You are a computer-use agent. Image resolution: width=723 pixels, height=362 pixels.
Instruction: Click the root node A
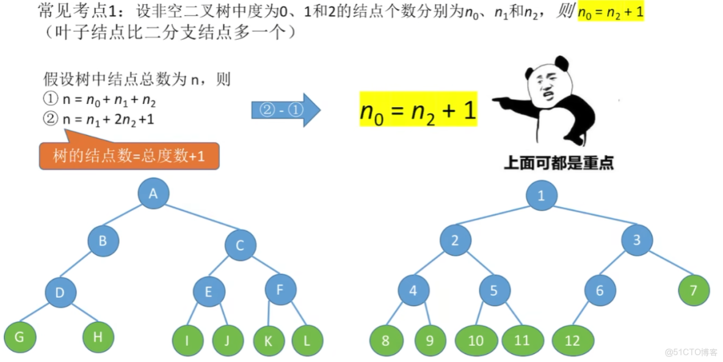153,193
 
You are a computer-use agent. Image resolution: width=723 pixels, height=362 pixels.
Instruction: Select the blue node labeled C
240,245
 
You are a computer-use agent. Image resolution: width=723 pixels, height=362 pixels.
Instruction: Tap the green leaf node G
20,337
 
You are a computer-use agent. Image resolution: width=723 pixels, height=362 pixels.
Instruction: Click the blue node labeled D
60,292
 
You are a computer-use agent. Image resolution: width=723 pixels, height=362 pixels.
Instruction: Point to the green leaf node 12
572,341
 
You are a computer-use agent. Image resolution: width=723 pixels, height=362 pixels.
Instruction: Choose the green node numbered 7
693,290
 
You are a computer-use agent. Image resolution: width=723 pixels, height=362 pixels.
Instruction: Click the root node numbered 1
541,196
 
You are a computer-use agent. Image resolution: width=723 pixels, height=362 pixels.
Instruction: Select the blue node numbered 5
495,291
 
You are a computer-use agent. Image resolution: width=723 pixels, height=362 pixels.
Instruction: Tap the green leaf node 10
476,341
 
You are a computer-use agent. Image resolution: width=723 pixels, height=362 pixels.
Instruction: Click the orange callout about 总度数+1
128,156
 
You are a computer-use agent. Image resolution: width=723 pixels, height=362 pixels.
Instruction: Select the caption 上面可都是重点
558,163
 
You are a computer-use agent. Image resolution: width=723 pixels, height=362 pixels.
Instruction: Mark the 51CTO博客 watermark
691,352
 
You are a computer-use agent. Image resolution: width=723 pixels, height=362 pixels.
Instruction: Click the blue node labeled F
280,289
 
